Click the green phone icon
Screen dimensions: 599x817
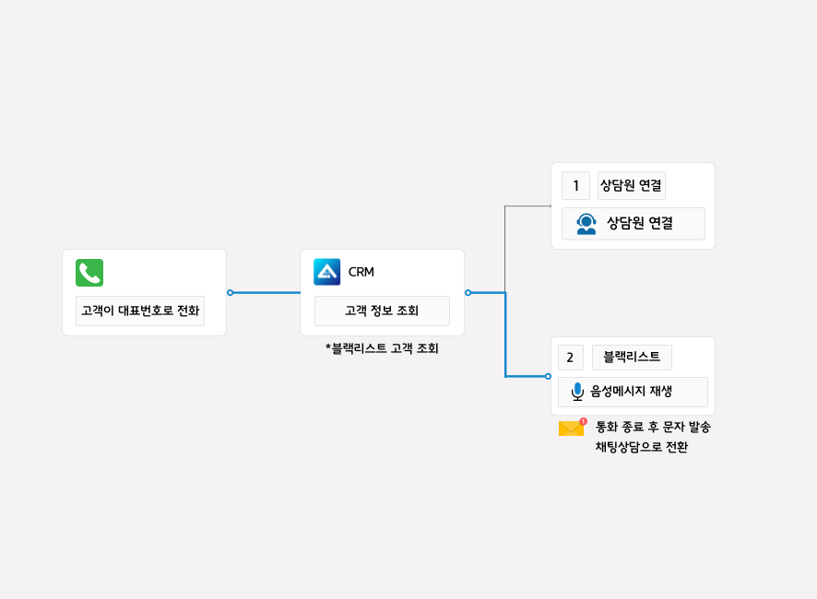tap(89, 273)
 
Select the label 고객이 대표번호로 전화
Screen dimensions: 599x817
tap(140, 311)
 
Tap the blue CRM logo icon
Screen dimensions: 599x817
tap(327, 272)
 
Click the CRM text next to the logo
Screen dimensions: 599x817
tap(361, 272)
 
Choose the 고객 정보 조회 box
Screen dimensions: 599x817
tap(382, 311)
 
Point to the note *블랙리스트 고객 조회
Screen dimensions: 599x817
tap(382, 348)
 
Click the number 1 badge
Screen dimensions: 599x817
tap(575, 186)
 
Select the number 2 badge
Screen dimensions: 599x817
tap(570, 358)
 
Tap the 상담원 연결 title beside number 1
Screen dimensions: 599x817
tap(631, 185)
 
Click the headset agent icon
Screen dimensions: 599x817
tap(586, 224)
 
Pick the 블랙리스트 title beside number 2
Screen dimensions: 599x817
tap(632, 357)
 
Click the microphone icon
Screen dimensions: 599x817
tap(577, 392)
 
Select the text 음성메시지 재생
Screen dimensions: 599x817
tap(632, 392)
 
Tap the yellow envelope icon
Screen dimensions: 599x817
tap(572, 428)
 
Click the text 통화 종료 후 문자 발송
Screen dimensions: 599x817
tap(653, 428)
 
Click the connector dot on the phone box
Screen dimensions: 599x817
tap(230, 293)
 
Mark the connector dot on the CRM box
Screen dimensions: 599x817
tap(468, 293)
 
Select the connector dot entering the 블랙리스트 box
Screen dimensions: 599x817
tap(548, 376)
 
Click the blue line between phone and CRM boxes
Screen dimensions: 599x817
tap(266, 293)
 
